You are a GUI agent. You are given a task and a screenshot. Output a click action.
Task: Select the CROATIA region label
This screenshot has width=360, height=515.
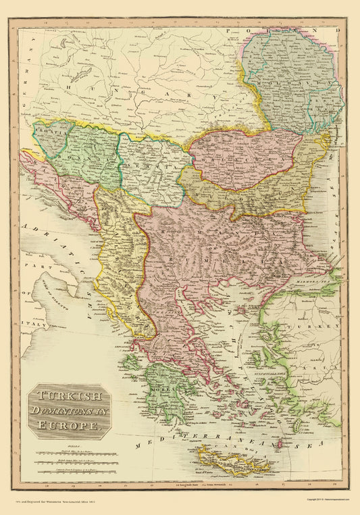tap(49, 134)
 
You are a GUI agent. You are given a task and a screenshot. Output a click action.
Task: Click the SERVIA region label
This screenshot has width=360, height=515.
tap(151, 163)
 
